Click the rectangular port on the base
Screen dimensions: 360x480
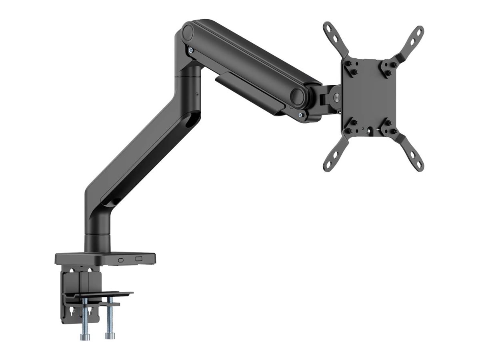pos(139,259)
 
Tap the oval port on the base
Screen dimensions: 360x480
pos(121,260)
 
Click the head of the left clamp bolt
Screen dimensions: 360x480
pos(85,337)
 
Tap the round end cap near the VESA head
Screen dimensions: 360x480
pos(298,96)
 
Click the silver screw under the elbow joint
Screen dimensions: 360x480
pos(191,50)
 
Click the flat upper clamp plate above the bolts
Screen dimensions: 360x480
pos(98,295)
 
